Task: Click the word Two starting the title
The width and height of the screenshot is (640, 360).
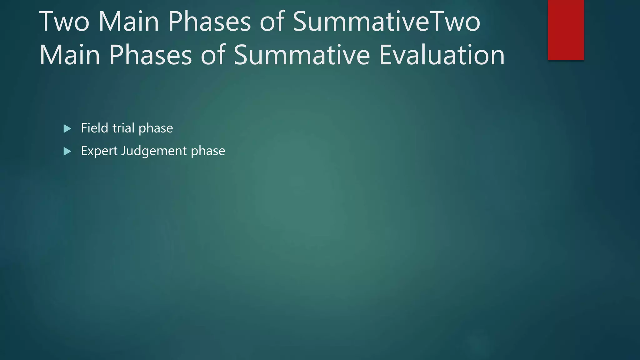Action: tap(64, 22)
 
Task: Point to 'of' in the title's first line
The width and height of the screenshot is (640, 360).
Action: tap(272, 22)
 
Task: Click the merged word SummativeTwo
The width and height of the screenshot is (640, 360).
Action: tap(386, 22)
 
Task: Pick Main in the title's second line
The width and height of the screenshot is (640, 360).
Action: tap(70, 55)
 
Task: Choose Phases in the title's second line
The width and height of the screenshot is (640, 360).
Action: tap(150, 55)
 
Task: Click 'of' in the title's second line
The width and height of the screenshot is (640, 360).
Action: tap(213, 55)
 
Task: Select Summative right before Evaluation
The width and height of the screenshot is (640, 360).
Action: tap(302, 55)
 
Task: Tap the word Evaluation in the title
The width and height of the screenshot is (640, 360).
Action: tap(442, 55)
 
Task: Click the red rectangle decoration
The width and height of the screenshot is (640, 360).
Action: tap(566, 30)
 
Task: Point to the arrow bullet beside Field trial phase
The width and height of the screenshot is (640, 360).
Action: tap(67, 128)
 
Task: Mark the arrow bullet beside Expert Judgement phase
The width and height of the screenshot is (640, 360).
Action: tap(67, 152)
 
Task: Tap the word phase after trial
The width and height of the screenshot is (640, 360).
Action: tap(156, 128)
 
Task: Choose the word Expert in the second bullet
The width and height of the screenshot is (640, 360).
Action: tap(99, 151)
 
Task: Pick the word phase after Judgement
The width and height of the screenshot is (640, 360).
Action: tap(208, 151)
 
